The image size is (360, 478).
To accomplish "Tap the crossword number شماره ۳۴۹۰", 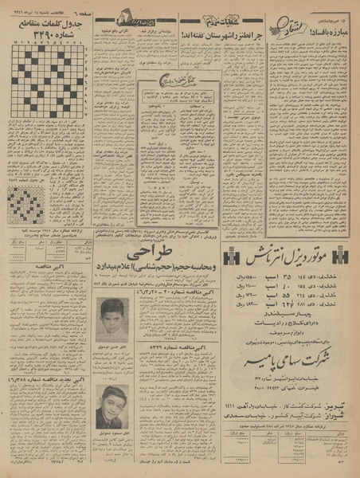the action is (46, 41).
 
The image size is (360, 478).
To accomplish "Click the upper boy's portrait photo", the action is (112, 319).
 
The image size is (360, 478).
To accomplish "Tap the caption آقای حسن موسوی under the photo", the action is (112, 348).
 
